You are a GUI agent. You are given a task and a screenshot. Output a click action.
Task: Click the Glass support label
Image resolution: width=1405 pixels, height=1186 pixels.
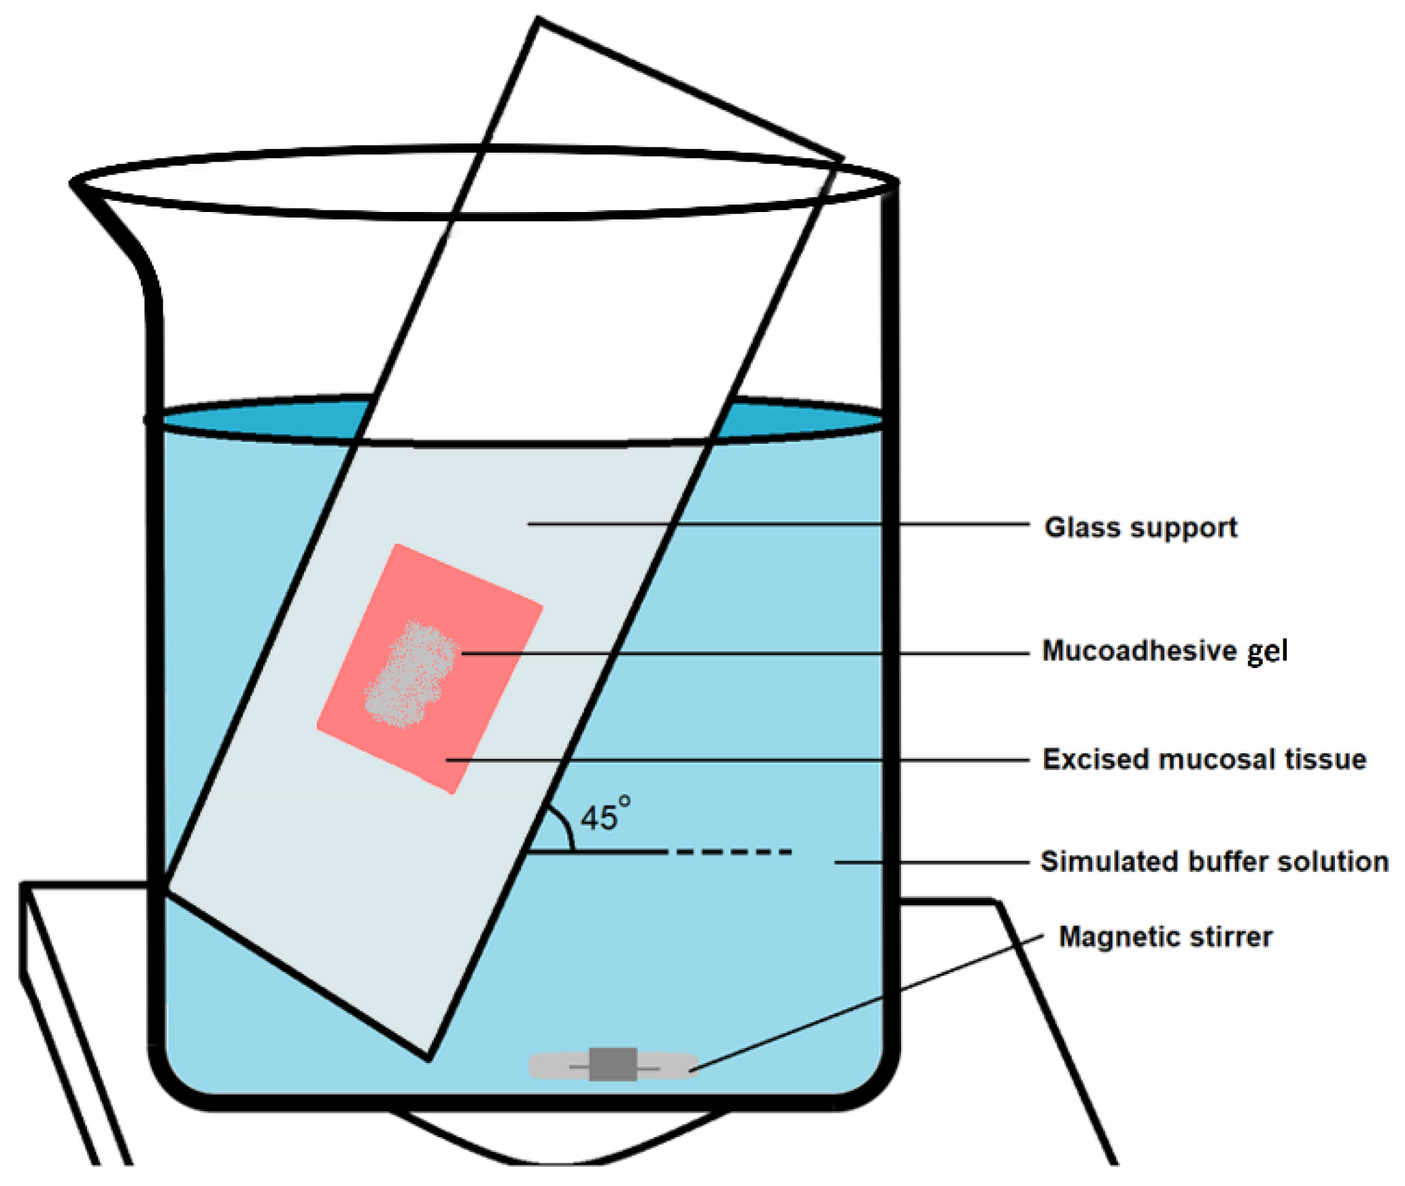coord(1140,528)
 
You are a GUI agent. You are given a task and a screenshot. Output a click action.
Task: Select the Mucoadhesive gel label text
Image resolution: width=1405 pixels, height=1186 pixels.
coord(1164,651)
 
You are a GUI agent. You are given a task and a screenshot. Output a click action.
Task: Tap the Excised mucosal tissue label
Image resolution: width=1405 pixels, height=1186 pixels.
coord(1204,760)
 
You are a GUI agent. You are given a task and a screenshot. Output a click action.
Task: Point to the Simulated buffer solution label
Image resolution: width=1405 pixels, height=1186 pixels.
coord(1214,862)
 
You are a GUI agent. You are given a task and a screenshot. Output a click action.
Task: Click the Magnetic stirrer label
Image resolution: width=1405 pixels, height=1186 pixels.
coord(1165,937)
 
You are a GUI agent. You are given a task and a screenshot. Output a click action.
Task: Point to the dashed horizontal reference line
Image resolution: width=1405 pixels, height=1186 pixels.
coord(733,851)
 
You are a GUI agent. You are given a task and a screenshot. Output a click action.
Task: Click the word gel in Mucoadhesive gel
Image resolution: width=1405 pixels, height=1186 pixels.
coord(1266,651)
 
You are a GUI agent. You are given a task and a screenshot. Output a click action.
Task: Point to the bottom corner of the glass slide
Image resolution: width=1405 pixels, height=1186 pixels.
coord(428,1058)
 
